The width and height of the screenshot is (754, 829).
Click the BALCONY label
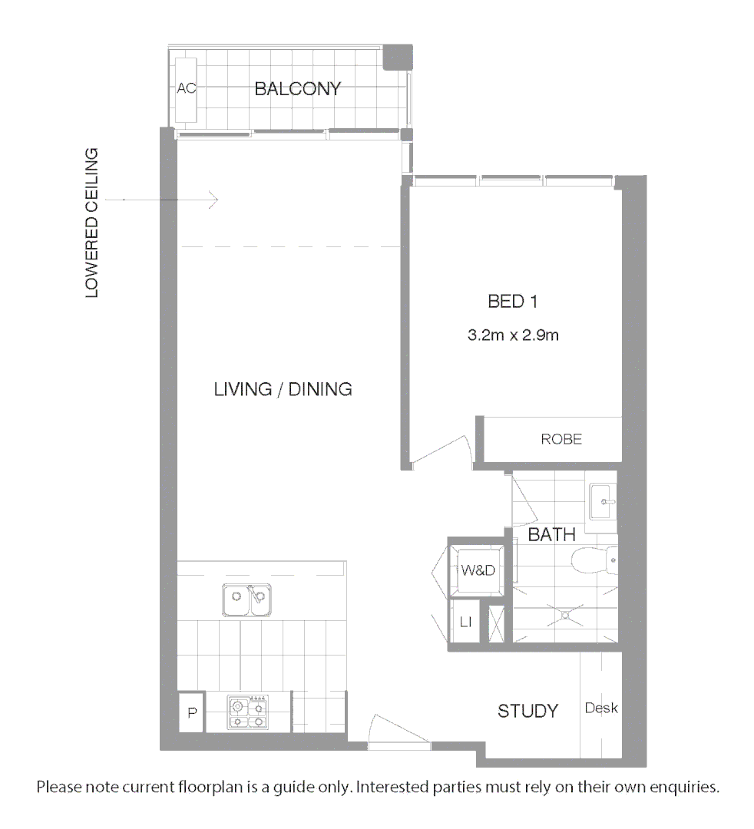[x=297, y=89]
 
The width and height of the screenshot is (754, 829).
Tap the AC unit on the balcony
[x=187, y=90]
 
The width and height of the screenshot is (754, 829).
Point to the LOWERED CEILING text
[x=92, y=223]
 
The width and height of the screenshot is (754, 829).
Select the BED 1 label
[x=512, y=302]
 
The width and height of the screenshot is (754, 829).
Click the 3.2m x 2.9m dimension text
[x=512, y=335]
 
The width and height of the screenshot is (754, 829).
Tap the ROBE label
[x=561, y=439]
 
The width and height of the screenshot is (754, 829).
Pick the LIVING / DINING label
[x=283, y=389]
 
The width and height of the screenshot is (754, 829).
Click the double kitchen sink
[x=246, y=599]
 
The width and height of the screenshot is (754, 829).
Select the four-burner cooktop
[x=248, y=712]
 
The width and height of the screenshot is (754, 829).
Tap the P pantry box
[x=192, y=713]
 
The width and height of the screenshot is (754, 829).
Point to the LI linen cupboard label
[x=465, y=622]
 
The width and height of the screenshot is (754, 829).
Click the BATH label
[x=551, y=535]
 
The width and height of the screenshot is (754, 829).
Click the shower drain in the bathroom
[x=567, y=614]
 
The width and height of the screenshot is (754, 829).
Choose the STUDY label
[x=527, y=711]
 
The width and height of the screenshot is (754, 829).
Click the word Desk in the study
[x=601, y=708]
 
